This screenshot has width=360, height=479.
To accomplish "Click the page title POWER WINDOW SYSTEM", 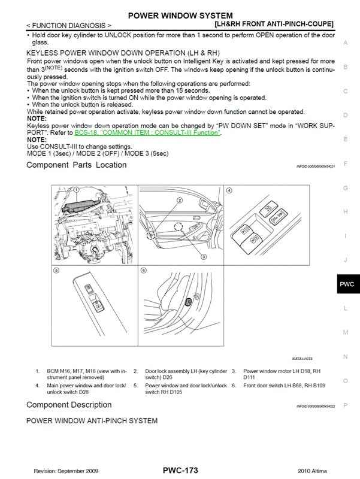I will tap(180, 14).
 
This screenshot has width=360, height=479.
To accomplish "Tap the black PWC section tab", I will tap(346, 284).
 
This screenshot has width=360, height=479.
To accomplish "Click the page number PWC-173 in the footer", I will tap(180, 471).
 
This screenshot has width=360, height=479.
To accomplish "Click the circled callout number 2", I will tap(179, 199).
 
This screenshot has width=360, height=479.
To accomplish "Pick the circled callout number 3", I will tap(203, 256).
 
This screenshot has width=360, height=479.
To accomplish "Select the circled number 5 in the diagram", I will tap(56, 271).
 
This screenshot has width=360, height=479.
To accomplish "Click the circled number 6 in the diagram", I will tap(144, 271).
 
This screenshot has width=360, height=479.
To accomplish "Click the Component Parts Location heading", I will tap(77, 165).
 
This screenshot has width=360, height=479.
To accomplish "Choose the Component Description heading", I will tap(73, 405).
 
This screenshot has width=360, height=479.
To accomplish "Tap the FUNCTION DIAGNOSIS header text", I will tap(69, 26).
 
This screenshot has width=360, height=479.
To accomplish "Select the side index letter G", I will tap(346, 187).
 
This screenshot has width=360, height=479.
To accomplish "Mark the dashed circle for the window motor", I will tap(179, 227).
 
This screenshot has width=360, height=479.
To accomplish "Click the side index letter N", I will tap(346, 356).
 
